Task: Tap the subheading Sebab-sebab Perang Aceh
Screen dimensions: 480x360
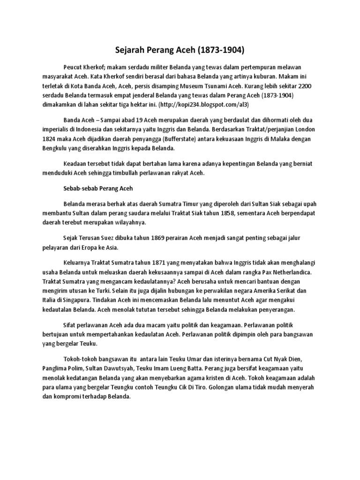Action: point(98,189)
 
